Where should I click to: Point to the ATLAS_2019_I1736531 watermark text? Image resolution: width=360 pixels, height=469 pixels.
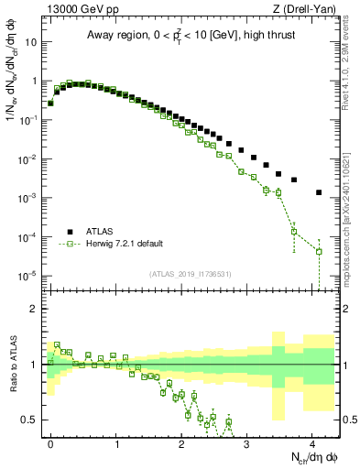point(191,274)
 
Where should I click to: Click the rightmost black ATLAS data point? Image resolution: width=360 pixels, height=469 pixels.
point(319,192)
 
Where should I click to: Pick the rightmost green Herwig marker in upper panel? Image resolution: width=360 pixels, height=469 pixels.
point(319,251)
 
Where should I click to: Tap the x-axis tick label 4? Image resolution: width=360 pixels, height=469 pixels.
point(313,442)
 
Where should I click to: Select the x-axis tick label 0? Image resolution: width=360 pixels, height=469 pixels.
point(50,442)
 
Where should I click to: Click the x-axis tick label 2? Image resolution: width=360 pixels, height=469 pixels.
point(182,442)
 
